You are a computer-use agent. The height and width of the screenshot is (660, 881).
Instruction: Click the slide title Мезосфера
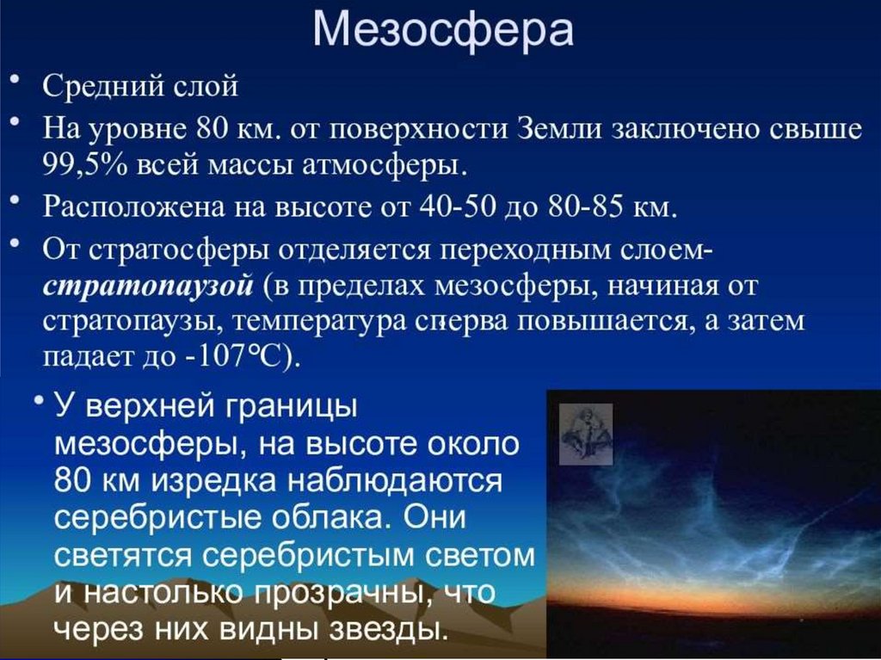[442, 30]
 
